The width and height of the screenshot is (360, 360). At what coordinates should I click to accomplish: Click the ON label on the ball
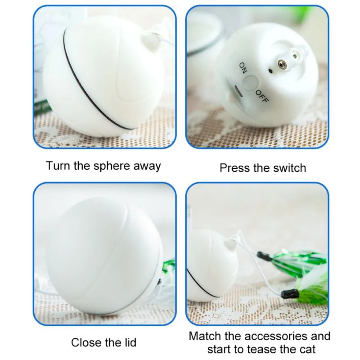pos(243,68)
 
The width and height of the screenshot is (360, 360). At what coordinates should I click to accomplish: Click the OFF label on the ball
pos(262,96)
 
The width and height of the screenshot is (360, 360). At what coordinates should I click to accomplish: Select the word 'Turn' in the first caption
pos(58,166)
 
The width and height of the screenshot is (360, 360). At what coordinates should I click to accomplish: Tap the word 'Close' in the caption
pos(86,342)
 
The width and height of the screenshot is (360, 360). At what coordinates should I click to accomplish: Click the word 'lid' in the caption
pos(130,342)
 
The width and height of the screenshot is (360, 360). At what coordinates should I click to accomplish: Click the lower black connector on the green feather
pos(290,294)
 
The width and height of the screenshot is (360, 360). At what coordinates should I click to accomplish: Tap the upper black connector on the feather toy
pos(265,256)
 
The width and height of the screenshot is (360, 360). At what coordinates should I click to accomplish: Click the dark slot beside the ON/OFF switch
pos(238,91)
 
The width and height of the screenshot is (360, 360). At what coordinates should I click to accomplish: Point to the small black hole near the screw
pos(271,71)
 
